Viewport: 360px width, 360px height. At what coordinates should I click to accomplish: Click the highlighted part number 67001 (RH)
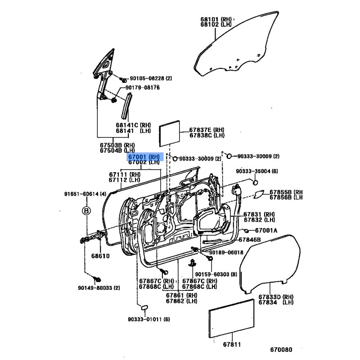[144, 157]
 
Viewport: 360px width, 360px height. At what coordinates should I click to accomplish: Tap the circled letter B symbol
[86, 211]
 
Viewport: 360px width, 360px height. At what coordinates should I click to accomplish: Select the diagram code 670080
[281, 350]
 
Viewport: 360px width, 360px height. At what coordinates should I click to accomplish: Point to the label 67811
[232, 344]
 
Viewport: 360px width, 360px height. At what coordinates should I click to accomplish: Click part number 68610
[100, 256]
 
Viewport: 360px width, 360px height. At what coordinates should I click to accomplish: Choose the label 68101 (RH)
[216, 19]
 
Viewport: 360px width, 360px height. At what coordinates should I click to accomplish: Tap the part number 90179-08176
[143, 87]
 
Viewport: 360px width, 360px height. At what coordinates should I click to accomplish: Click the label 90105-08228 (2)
[151, 78]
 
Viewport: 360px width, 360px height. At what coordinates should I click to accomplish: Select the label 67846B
[250, 240]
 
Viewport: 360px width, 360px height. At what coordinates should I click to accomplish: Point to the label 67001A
[266, 230]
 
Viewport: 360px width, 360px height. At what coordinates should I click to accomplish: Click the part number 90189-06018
[226, 252]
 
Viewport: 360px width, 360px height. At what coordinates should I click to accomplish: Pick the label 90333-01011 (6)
[149, 319]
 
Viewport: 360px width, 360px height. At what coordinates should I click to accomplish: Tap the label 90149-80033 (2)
[99, 288]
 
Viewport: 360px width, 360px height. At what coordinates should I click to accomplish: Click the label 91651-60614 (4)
[85, 194]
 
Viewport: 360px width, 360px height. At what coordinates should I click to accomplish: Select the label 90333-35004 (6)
[257, 171]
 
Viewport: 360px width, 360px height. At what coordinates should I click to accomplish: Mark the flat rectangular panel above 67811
[231, 319]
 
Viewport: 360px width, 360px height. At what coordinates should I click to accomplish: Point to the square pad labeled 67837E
[170, 133]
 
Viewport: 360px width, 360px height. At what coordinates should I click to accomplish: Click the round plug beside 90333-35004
[255, 183]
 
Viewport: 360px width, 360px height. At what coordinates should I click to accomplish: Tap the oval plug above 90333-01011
[144, 307]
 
